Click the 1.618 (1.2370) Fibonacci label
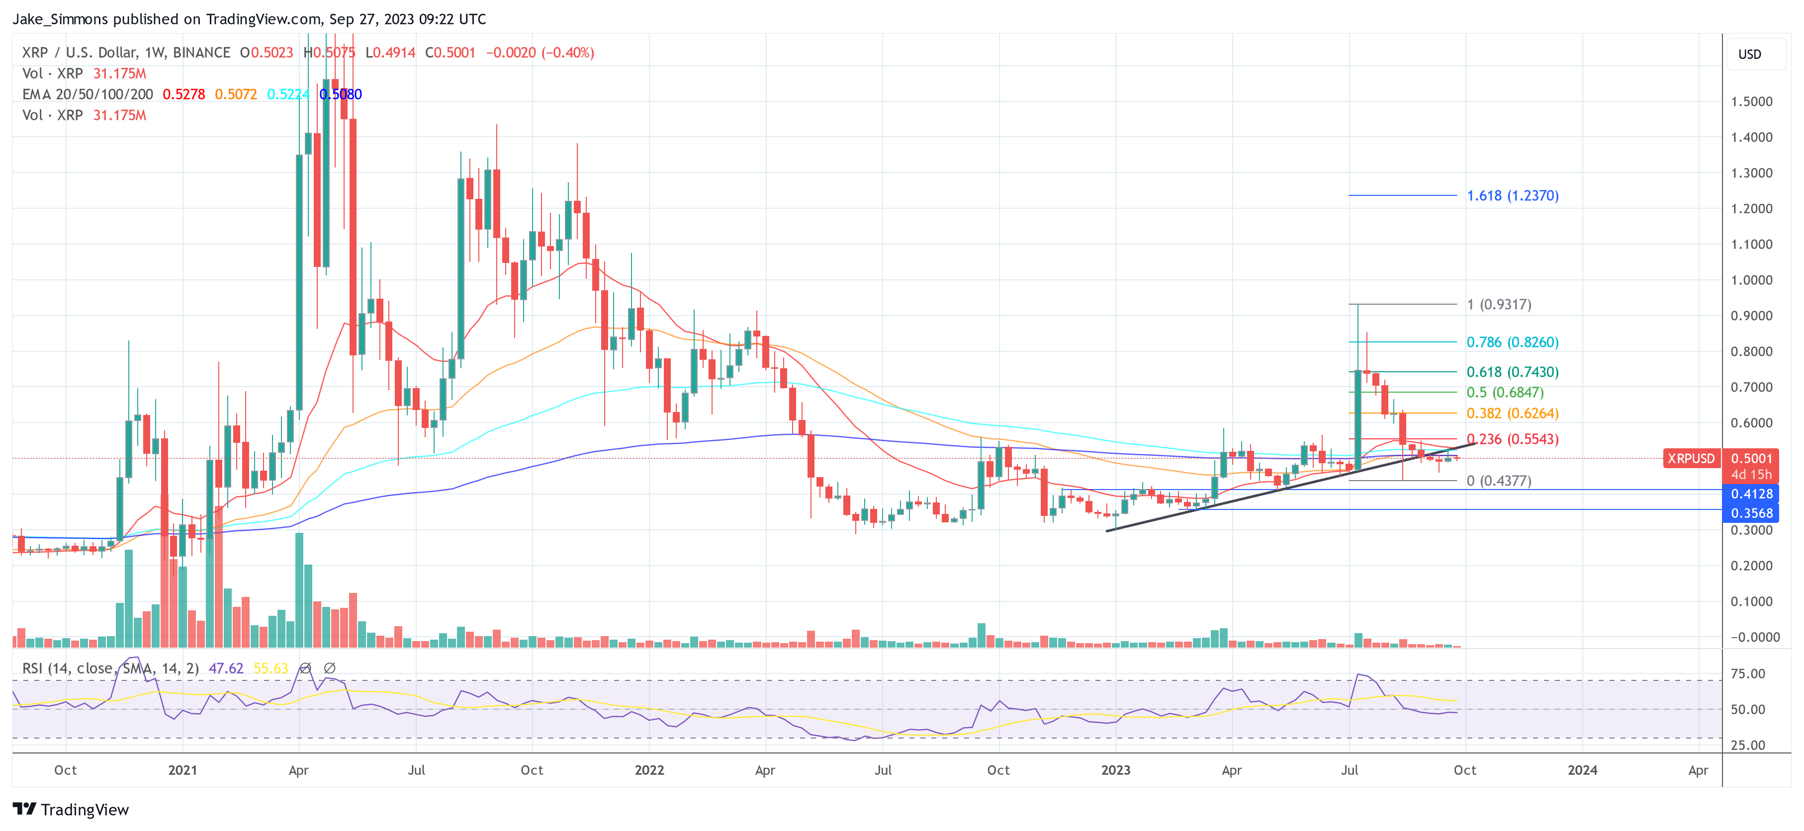[1512, 196]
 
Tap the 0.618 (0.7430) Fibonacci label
[1512, 372]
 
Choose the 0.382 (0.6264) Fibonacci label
[1512, 414]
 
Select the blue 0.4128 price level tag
[1751, 494]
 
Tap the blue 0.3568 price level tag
[1751, 513]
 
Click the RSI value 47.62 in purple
[226, 668]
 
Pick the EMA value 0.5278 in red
[183, 94]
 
